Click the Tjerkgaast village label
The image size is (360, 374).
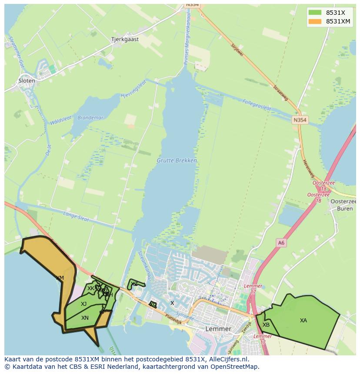coord(125,39)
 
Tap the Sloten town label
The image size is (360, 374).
coord(27,81)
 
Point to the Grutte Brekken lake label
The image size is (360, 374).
coord(177,161)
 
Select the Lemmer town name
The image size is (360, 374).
coord(218,329)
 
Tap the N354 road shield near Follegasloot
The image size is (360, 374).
coord(300,120)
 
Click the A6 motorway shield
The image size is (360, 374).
coord(281,243)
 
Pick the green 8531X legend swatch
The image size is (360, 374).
coord(315,12)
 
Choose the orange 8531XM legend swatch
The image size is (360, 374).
coord(315,21)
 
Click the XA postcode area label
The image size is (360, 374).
coord(303,321)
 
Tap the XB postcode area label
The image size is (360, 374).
coord(266,325)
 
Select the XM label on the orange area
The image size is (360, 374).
coord(60,278)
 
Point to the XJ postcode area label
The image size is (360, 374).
coord(83,304)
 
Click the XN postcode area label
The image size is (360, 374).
coord(85,318)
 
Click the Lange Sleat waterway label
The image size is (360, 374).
coord(76,214)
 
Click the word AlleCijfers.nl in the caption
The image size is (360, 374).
coord(227,359)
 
